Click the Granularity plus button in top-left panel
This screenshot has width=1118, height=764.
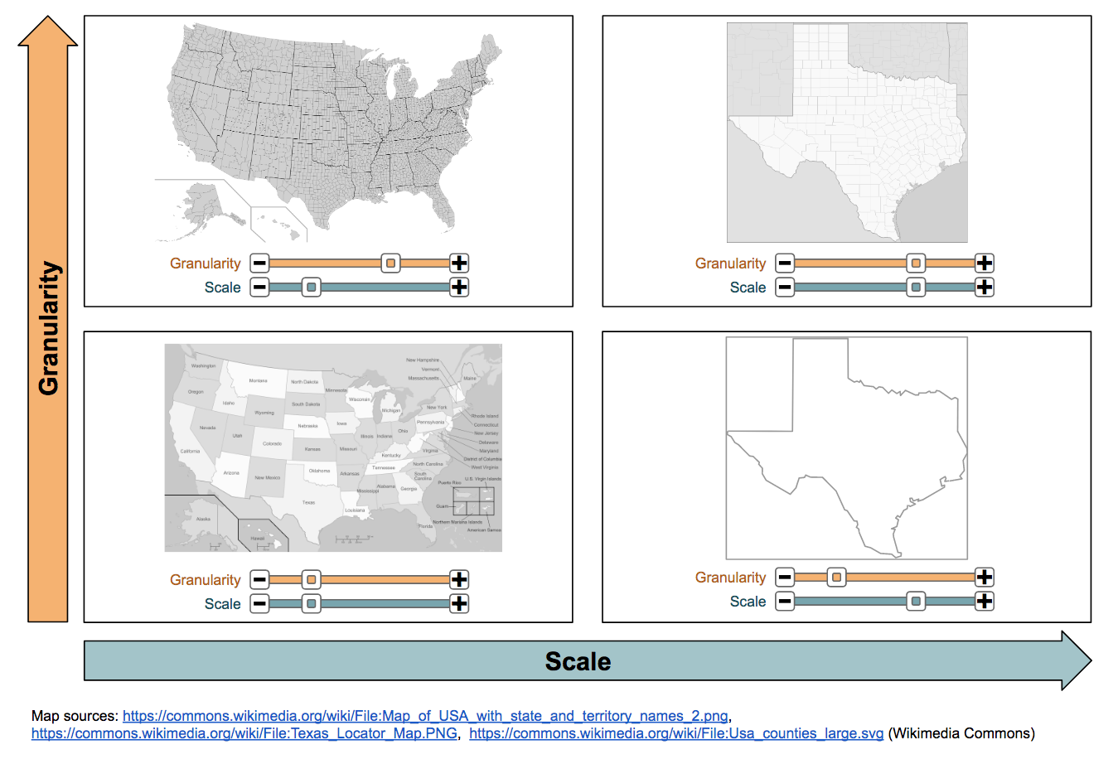(459, 264)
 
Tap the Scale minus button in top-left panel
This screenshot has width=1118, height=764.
(259, 288)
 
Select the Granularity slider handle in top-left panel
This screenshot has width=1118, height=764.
(390, 264)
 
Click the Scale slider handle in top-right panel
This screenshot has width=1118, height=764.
(915, 288)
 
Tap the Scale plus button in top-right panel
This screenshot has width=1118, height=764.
(984, 288)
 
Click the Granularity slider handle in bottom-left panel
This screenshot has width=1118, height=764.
(311, 580)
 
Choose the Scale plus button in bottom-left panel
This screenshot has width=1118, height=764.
(459, 604)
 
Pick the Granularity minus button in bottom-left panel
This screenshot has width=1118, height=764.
(259, 580)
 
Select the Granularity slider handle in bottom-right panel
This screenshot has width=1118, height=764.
(836, 578)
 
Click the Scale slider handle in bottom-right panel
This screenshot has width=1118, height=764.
(915, 602)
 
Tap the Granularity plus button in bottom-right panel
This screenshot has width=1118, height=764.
(984, 578)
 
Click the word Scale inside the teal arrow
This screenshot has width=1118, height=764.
(578, 661)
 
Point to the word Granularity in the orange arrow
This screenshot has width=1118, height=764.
(49, 328)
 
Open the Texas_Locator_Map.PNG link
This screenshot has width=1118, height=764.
(244, 733)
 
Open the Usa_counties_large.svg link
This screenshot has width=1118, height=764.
(675, 733)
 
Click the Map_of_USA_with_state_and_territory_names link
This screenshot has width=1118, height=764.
(425, 716)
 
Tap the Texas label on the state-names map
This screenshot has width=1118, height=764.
(308, 502)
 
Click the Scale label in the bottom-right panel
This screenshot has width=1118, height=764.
(748, 602)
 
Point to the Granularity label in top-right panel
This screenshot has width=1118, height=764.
(730, 264)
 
